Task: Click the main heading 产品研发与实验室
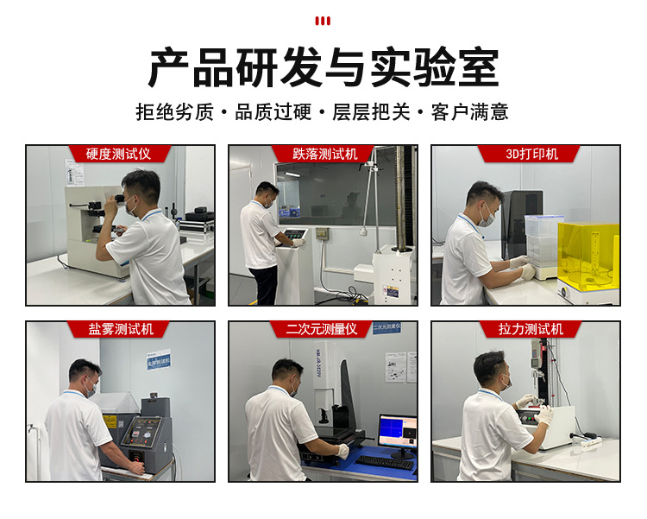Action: point(323,67)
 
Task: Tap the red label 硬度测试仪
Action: point(118,154)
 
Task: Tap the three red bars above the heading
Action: point(323,21)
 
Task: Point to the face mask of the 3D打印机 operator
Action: point(488,218)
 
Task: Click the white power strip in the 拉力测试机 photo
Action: point(587,441)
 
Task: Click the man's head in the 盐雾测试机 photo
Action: point(84,378)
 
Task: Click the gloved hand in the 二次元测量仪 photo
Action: point(342,451)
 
